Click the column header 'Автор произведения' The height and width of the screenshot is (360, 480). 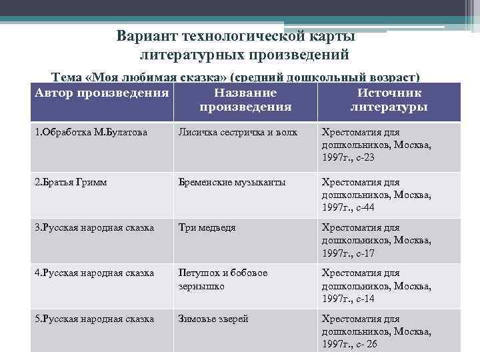(x=101, y=93)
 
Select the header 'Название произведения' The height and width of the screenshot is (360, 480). (x=245, y=100)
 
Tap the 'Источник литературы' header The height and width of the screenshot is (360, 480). (x=389, y=100)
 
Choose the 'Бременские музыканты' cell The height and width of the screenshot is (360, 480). (x=231, y=182)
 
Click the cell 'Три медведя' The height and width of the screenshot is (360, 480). (x=207, y=227)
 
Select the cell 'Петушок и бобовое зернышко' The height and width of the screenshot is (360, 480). (x=222, y=279)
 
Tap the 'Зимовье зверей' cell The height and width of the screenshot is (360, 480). (x=213, y=319)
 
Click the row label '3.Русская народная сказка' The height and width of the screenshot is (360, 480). (x=94, y=227)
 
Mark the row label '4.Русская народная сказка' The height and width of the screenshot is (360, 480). (x=94, y=273)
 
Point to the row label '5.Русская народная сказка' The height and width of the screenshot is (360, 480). (x=94, y=319)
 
